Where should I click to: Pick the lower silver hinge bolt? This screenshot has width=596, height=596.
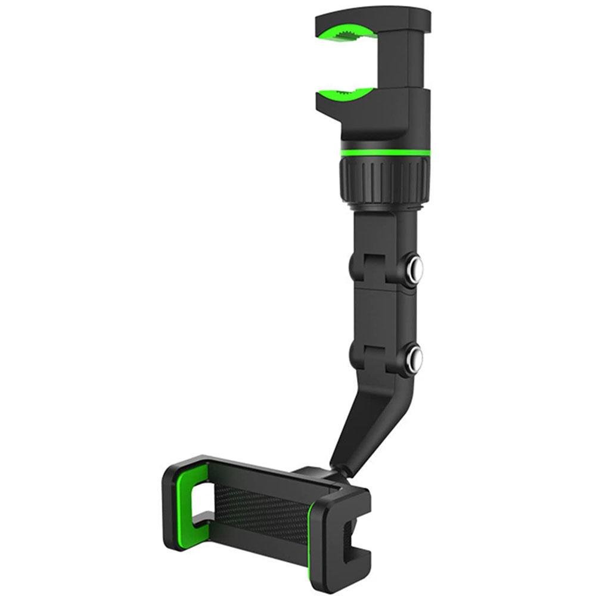[x=414, y=358]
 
